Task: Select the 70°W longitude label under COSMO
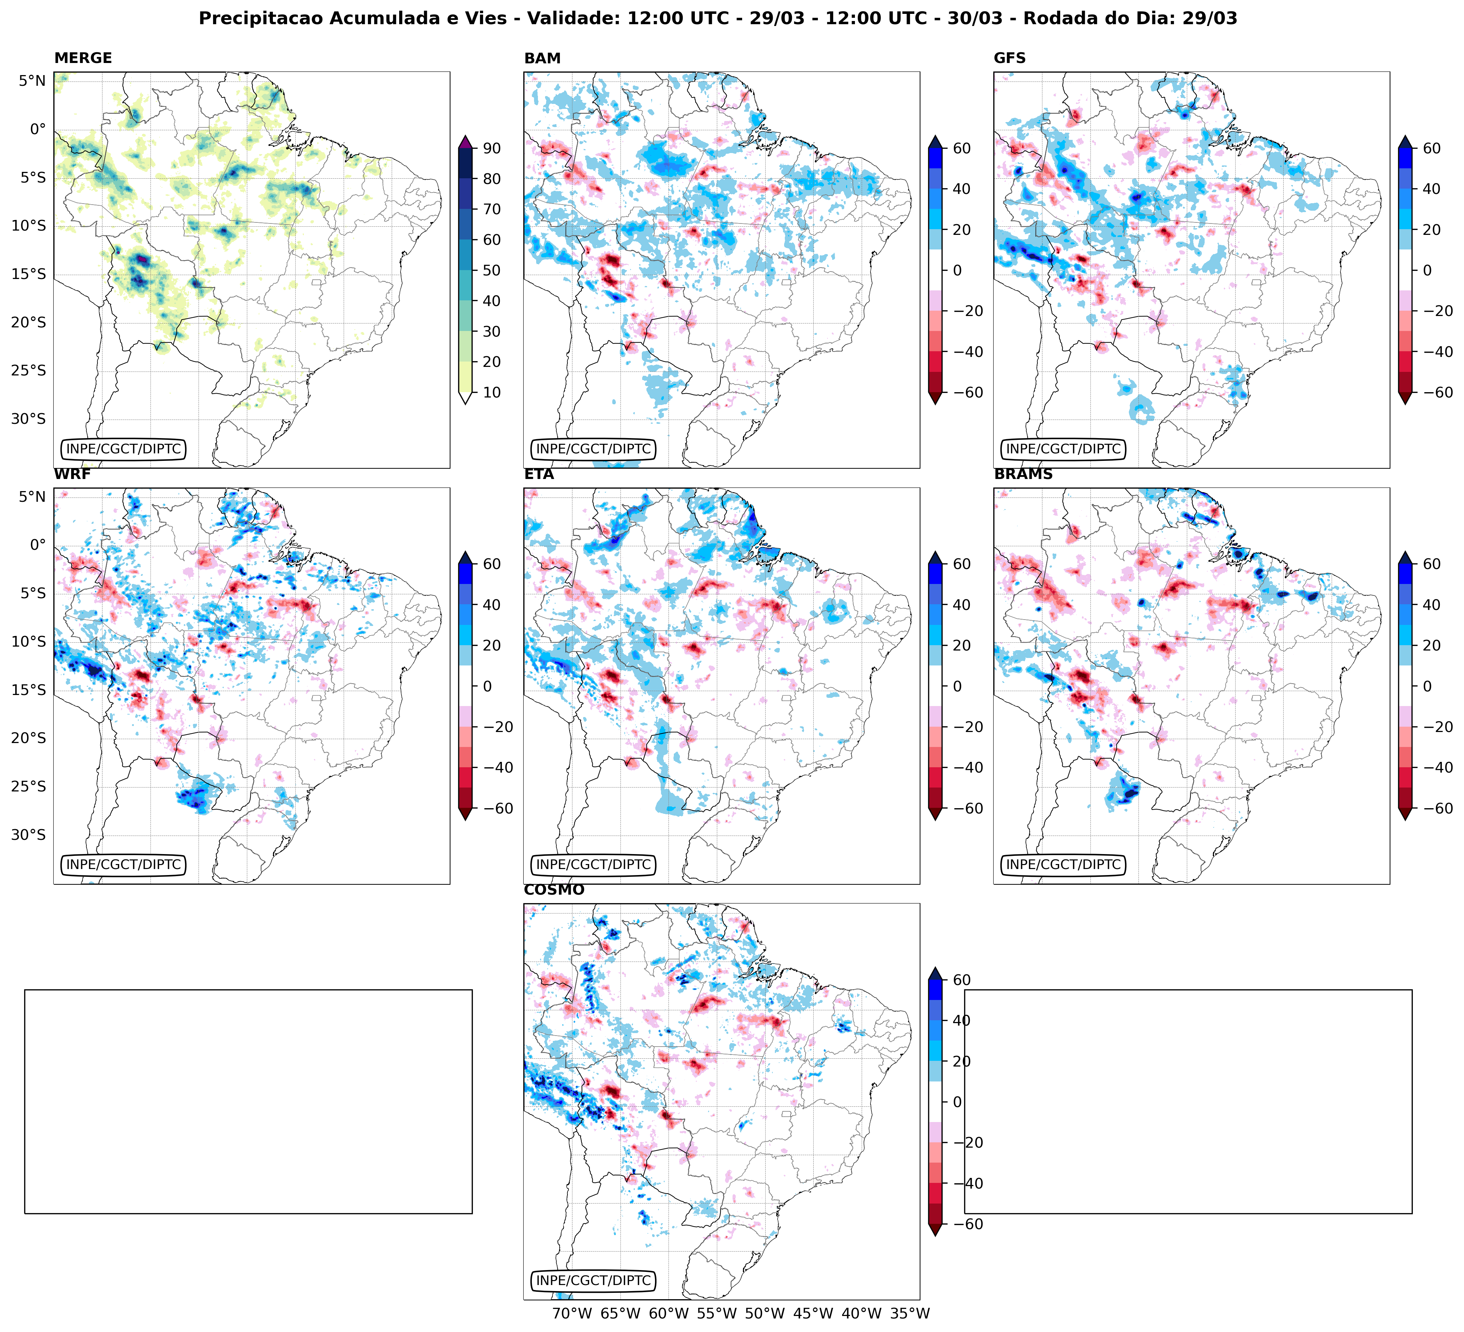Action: (x=571, y=1313)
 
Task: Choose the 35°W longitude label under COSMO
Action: (x=910, y=1313)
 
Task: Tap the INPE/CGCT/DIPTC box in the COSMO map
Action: (x=593, y=1280)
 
